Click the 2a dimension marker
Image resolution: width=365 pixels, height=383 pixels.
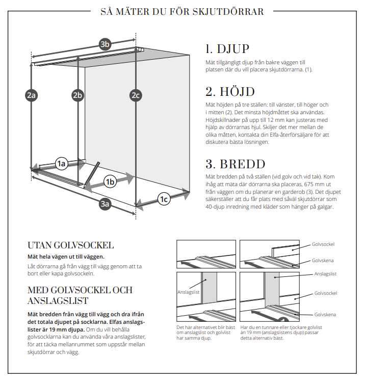(x=32, y=95)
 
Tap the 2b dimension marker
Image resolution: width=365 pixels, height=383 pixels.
(x=77, y=95)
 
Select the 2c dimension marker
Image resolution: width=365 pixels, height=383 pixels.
(x=135, y=95)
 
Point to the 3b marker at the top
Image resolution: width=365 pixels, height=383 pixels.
(x=105, y=44)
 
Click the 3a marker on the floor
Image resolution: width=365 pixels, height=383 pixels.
(x=106, y=204)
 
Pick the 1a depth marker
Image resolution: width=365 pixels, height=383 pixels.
(x=62, y=164)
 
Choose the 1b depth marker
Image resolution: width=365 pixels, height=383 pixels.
(x=110, y=181)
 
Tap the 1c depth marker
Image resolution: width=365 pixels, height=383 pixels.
(x=164, y=198)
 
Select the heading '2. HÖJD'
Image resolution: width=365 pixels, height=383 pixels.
(x=230, y=92)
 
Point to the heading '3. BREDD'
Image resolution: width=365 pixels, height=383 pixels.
(x=235, y=164)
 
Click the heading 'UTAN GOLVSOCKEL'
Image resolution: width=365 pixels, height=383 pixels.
(x=70, y=245)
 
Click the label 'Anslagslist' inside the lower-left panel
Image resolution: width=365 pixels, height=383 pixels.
(x=188, y=292)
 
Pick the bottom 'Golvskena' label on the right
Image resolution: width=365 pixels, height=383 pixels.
(x=325, y=314)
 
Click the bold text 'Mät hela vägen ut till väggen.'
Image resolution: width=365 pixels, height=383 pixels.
(x=66, y=256)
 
